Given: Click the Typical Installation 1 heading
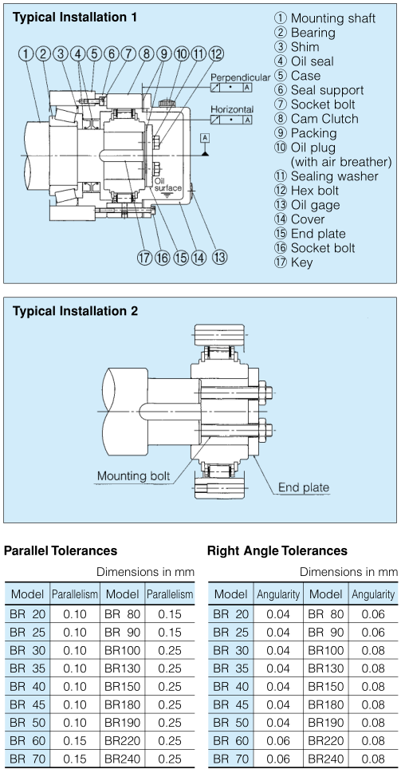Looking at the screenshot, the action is [75, 18].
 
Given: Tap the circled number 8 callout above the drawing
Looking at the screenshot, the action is [146, 53].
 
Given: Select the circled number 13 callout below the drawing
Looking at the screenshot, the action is [220, 257].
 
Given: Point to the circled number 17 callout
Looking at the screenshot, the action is [144, 257].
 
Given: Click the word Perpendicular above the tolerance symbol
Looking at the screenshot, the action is [240, 77].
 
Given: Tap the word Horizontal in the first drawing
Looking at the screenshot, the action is [232, 108].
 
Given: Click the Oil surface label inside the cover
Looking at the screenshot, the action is [168, 184].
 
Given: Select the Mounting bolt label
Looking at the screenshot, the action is [133, 475].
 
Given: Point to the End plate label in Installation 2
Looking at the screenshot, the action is [304, 487].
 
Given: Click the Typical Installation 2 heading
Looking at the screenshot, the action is [75, 311].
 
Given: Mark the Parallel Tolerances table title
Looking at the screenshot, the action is [61, 550].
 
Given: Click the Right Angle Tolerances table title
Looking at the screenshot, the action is [277, 550].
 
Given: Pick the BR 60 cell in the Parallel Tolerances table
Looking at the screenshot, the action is [27, 740].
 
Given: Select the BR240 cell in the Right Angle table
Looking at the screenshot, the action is [326, 758].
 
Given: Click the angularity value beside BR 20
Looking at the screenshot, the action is [278, 614].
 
